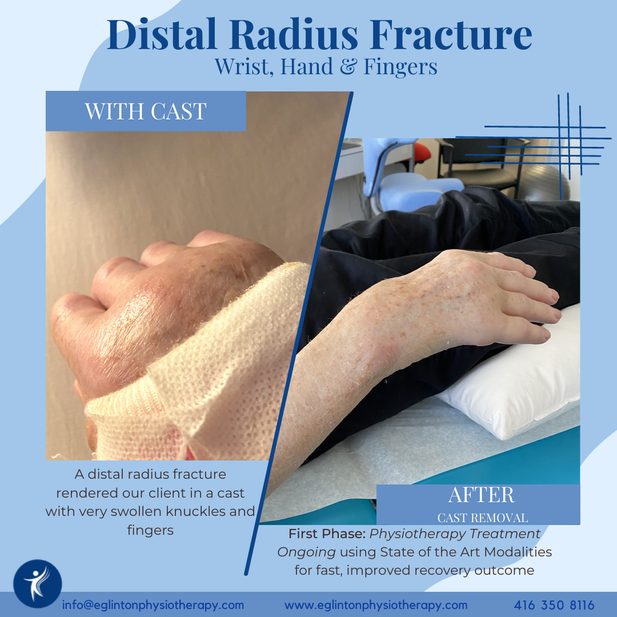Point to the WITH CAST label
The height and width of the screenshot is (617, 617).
click(146, 111)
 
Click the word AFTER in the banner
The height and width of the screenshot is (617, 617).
click(481, 495)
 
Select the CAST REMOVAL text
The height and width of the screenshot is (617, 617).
click(482, 518)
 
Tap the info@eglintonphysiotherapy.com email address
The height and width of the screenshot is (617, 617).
click(153, 605)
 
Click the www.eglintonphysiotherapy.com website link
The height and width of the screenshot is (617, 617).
click(376, 605)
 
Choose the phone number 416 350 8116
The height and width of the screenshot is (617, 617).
click(554, 605)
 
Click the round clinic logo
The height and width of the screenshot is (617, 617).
click(38, 583)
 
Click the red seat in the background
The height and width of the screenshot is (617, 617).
click(422, 151)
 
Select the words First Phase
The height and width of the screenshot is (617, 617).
click(327, 534)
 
